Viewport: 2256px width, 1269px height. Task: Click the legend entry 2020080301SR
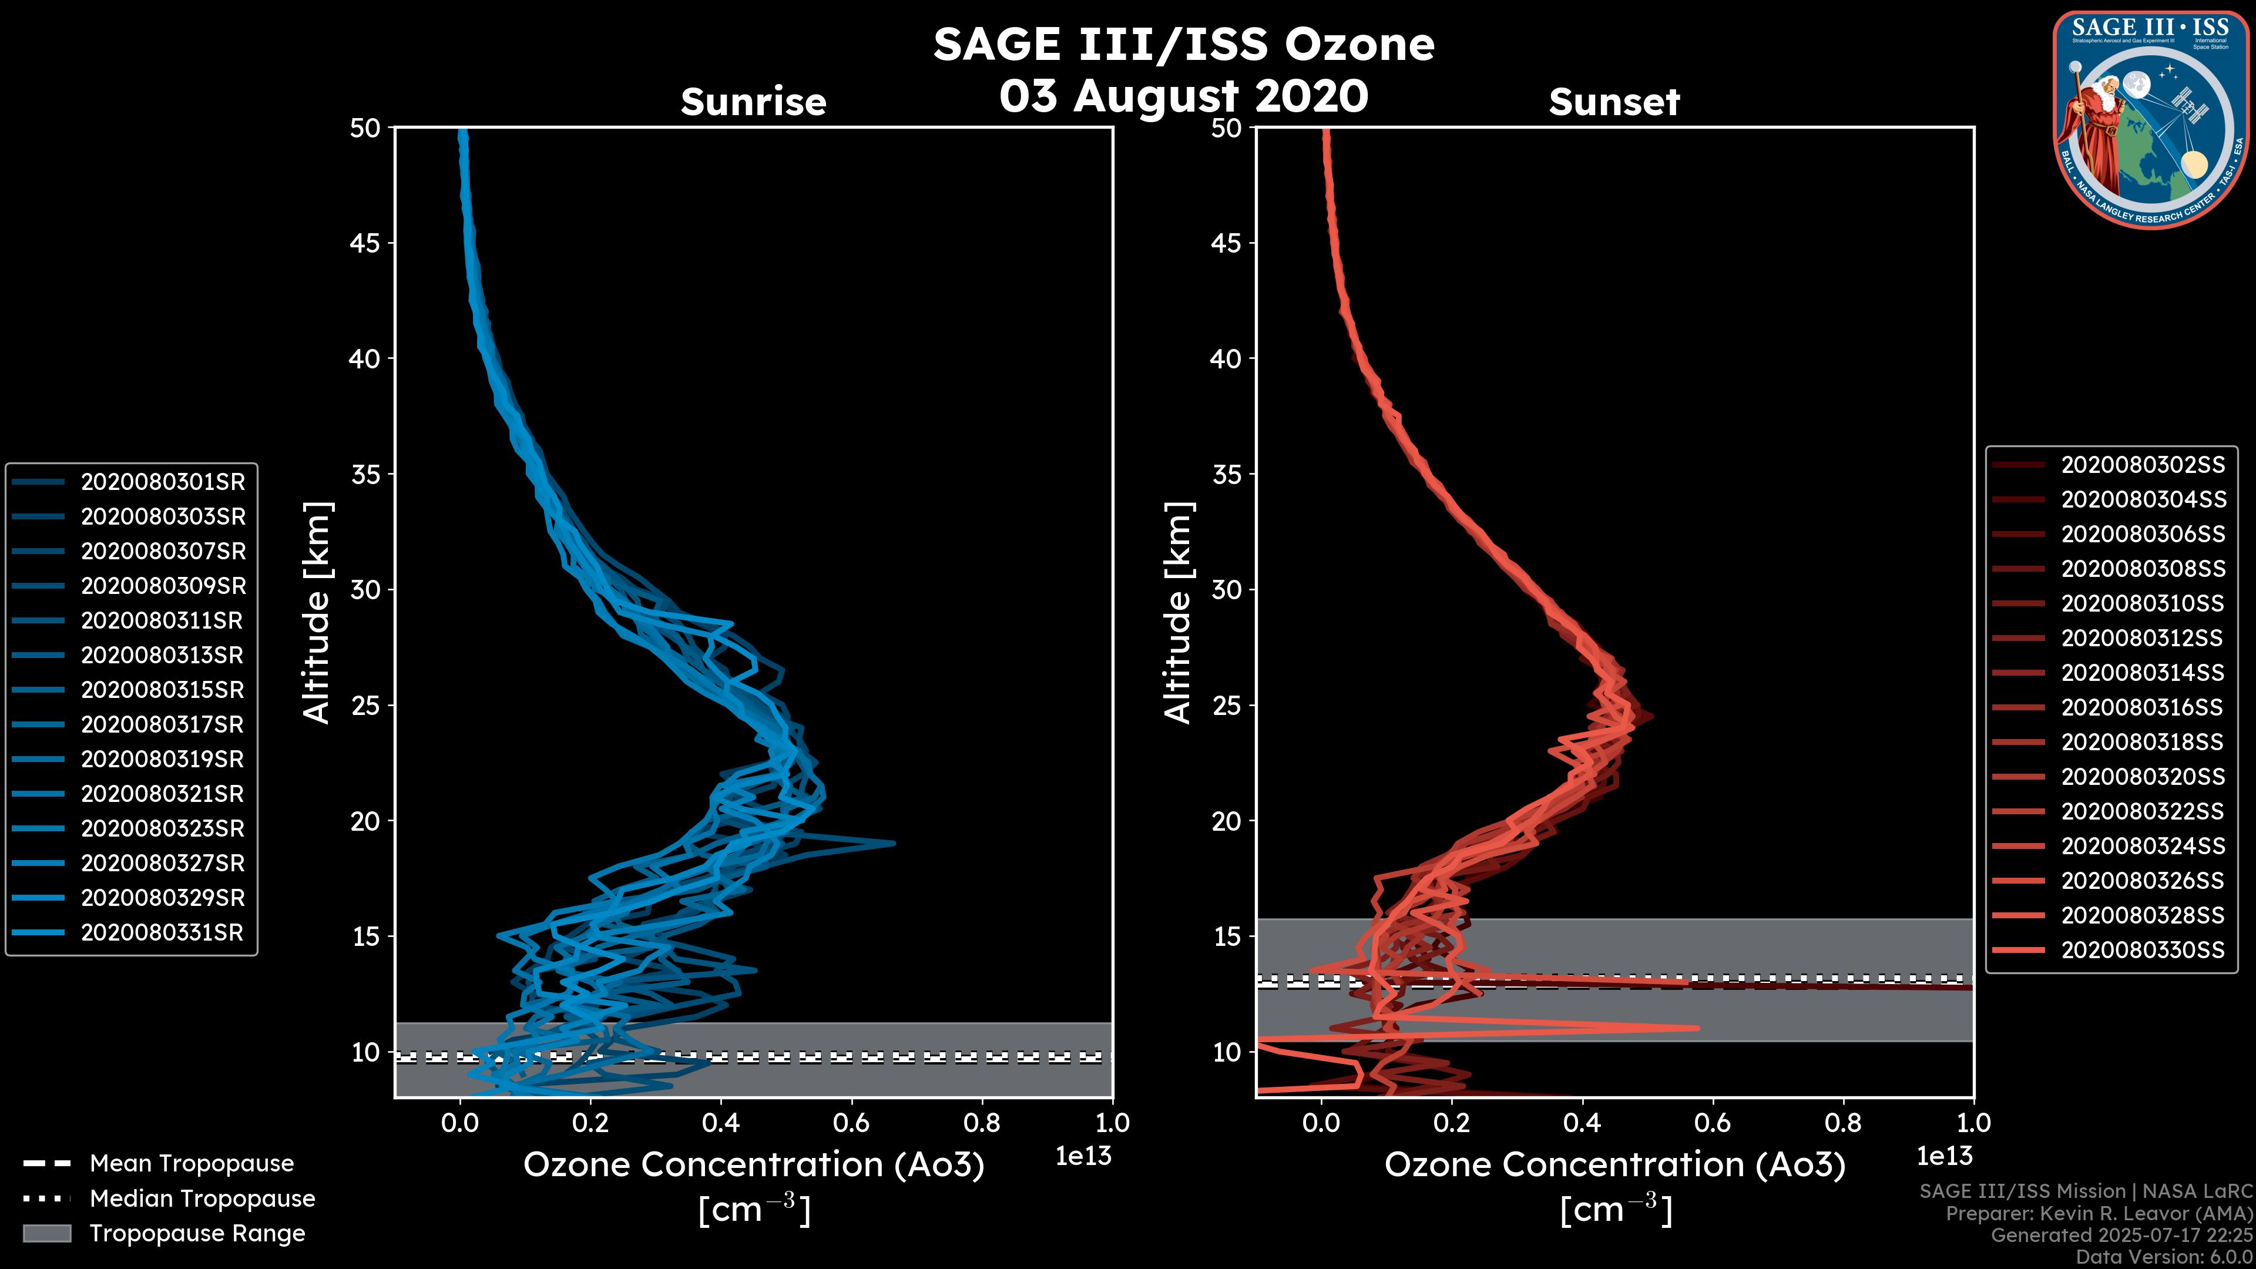coord(163,482)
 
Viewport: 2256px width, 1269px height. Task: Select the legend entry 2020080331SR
coord(162,933)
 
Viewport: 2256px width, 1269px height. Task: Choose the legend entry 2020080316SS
coord(2141,707)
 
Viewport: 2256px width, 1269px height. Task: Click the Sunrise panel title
coord(753,102)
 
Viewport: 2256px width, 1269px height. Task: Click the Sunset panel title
coord(1614,102)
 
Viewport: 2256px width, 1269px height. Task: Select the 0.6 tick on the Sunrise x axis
coord(851,1123)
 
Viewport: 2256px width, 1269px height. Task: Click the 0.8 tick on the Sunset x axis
coord(1844,1123)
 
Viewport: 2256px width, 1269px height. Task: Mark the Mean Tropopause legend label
coord(192,1164)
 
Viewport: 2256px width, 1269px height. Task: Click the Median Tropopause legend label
coord(202,1199)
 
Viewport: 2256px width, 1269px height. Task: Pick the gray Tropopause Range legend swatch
coord(46,1234)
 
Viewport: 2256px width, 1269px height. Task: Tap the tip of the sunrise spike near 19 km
coord(893,844)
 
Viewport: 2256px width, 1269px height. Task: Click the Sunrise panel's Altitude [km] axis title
coord(317,612)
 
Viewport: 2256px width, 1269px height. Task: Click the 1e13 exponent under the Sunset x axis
coord(1944,1157)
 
